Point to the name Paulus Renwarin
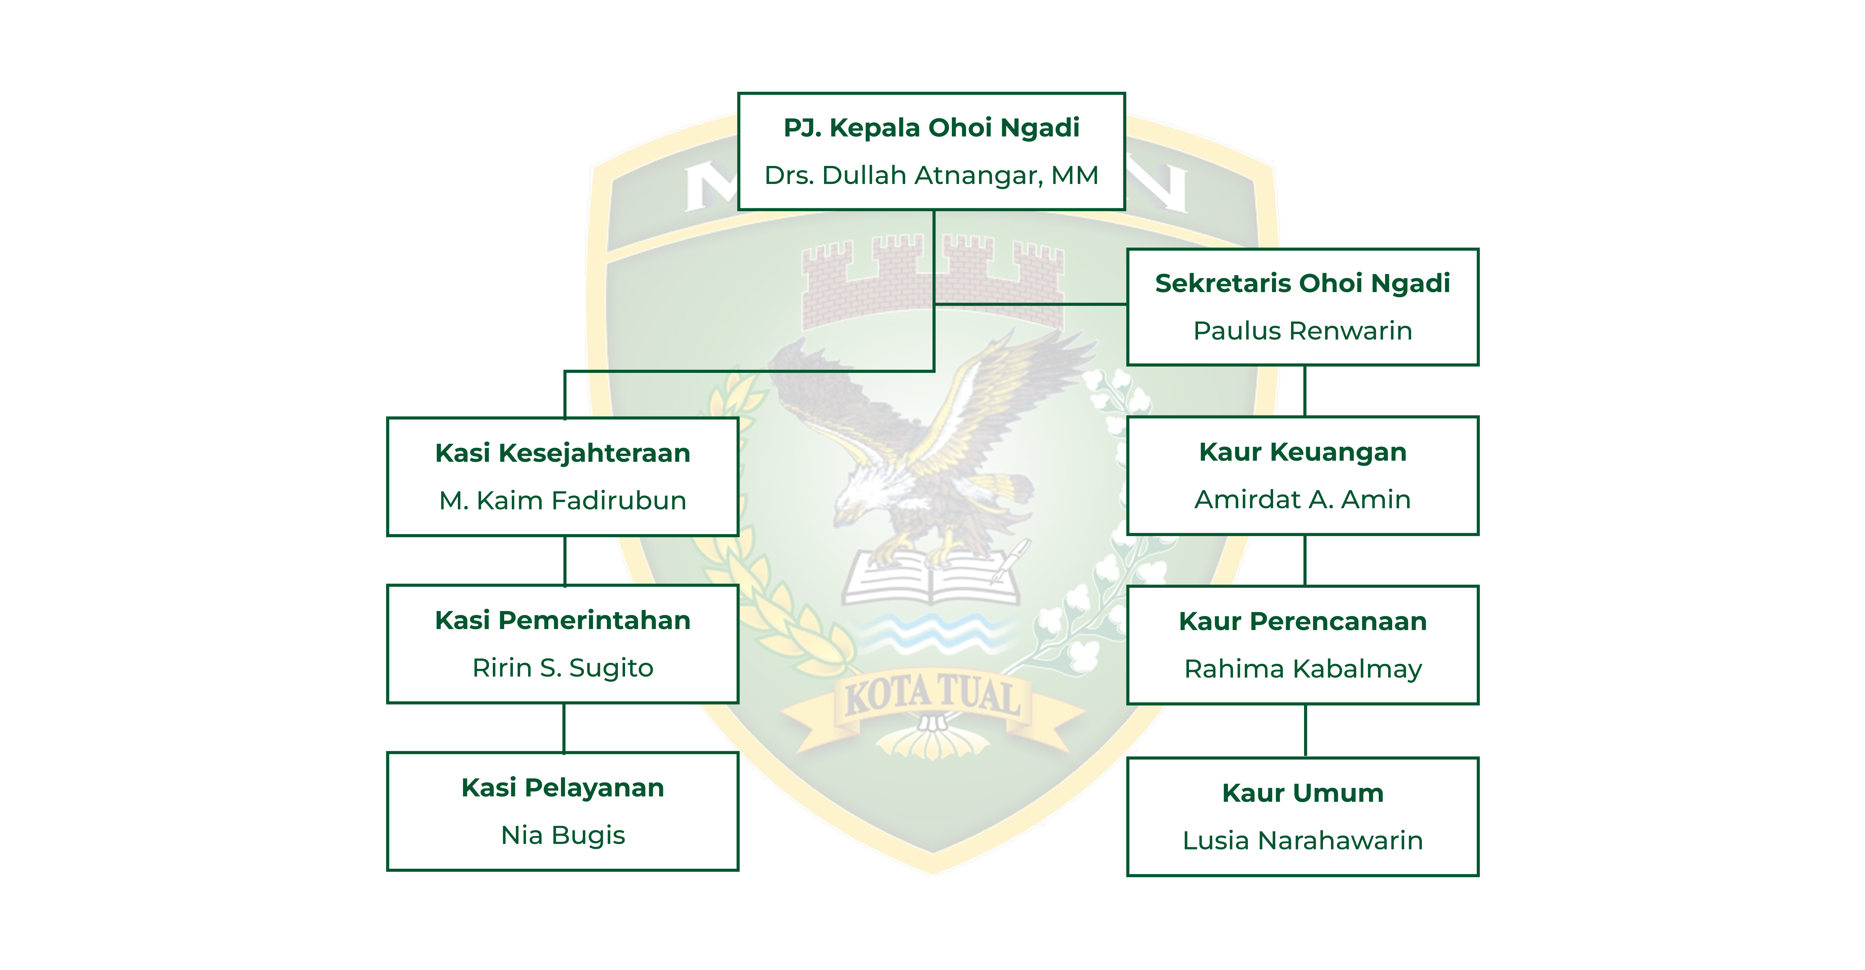tap(1303, 331)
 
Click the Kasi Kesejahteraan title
tap(562, 453)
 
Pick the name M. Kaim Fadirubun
tap(562, 500)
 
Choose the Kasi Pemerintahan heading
tap(562, 620)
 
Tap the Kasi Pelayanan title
tap(562, 788)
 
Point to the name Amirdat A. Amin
tap(1303, 500)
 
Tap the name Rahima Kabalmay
tap(1303, 669)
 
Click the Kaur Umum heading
tap(1303, 793)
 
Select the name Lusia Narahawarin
tap(1303, 840)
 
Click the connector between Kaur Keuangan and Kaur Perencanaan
tap(1305, 560)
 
